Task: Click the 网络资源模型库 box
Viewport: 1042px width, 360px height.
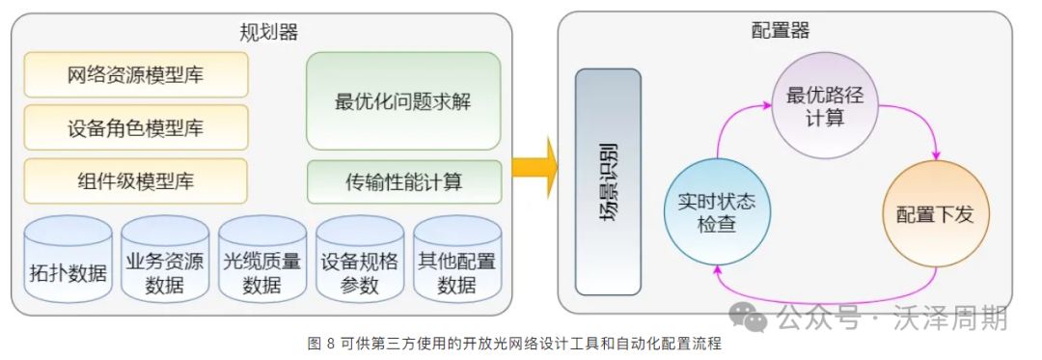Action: [136, 74]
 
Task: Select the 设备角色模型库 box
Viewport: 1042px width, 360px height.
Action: [136, 127]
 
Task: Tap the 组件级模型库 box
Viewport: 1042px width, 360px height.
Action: [136, 180]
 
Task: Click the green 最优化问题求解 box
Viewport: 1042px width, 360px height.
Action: [403, 100]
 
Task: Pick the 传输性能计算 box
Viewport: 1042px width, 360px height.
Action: [403, 181]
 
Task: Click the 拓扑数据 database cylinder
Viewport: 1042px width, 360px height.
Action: [69, 260]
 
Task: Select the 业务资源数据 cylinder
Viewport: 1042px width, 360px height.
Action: [165, 260]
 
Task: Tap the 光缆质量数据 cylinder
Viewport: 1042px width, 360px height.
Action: [262, 260]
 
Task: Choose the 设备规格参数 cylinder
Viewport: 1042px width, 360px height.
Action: [360, 260]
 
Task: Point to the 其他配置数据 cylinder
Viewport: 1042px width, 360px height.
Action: [456, 260]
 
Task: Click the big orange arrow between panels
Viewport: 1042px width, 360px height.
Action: [534, 165]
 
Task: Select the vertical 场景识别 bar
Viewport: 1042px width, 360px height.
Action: [608, 181]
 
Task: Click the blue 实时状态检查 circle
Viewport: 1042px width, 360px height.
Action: [716, 213]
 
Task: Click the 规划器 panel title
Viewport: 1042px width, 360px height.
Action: [268, 31]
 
